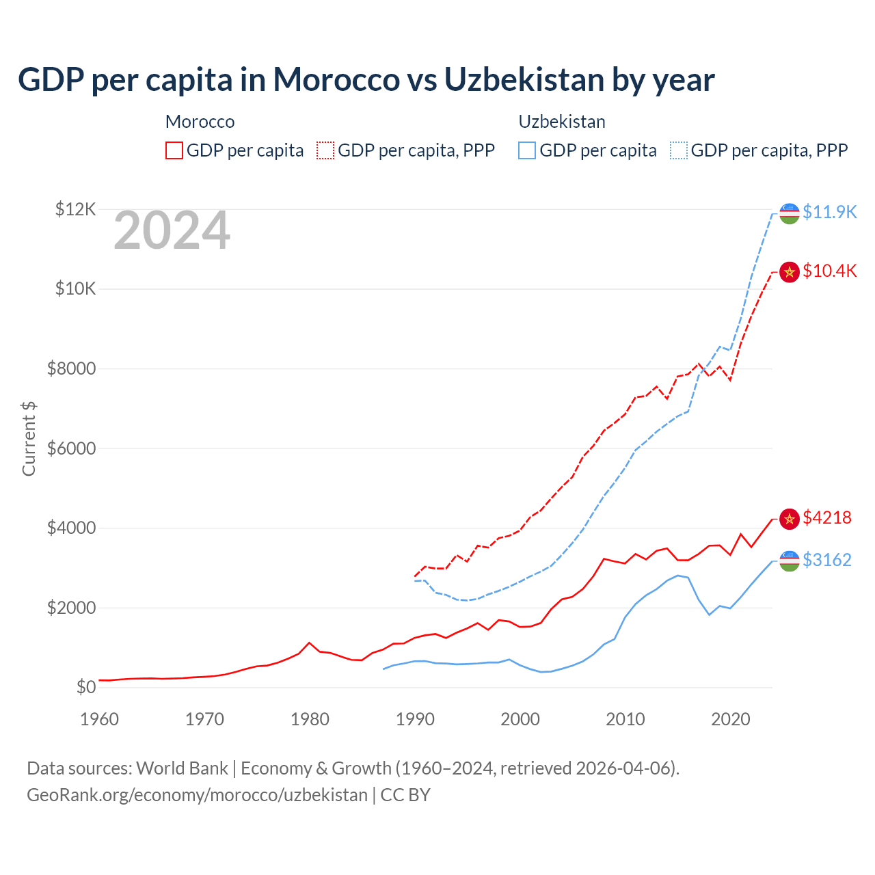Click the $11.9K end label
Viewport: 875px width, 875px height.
(829, 212)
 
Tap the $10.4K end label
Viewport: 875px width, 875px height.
(829, 271)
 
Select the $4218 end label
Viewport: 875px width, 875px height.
(827, 517)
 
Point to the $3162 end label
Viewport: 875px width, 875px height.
(827, 560)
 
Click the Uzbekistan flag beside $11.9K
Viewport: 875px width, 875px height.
(790, 213)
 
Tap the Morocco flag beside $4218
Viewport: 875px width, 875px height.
(790, 519)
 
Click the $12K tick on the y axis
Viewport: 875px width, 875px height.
(75, 209)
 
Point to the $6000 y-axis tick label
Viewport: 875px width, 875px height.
(71, 448)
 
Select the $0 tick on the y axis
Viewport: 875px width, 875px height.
(85, 687)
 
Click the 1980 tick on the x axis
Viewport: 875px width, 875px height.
(310, 719)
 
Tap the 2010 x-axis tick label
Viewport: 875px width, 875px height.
(625, 719)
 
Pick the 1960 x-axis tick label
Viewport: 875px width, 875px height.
(100, 719)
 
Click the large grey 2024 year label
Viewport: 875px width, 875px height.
(172, 230)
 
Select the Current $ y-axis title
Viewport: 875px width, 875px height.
(29, 438)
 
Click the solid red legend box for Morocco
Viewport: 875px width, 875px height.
(174, 150)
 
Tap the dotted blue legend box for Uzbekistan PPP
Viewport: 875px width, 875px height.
(679, 150)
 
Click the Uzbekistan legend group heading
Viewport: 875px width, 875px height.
(562, 122)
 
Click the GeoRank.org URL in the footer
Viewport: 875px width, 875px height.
(197, 795)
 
